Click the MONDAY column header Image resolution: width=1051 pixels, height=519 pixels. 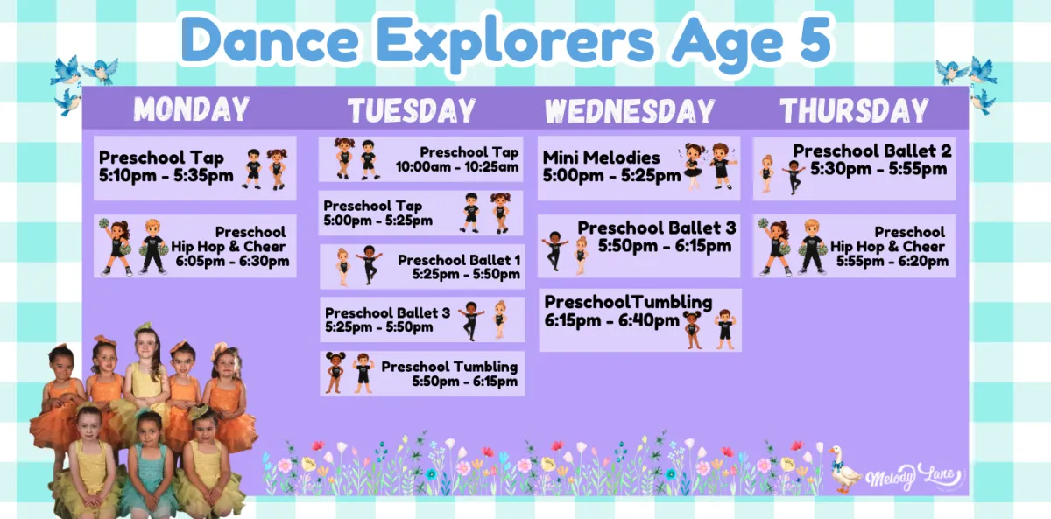tap(192, 109)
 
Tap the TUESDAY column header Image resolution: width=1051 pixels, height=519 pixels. tap(412, 110)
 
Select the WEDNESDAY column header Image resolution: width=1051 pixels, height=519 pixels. tap(630, 111)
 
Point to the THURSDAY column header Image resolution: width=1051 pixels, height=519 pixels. tap(855, 110)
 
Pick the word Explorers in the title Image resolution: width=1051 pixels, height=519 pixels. tap(515, 42)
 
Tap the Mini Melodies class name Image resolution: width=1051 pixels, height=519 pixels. tap(601, 158)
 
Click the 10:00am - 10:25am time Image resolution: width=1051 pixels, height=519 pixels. tap(457, 167)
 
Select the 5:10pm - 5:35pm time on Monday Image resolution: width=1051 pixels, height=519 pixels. tap(166, 175)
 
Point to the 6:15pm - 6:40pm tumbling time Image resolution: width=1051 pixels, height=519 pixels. tap(612, 320)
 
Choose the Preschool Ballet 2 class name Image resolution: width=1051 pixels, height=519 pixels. tap(872, 151)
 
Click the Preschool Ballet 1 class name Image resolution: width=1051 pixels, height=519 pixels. tap(459, 260)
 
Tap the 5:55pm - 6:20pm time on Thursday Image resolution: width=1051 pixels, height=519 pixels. tap(892, 261)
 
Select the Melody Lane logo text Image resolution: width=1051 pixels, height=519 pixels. tap(913, 476)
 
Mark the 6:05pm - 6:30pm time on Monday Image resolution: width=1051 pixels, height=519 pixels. tap(233, 261)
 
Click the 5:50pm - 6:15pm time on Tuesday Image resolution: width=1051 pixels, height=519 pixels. tap(465, 382)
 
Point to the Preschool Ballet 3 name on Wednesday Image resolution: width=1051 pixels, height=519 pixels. tap(657, 228)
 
